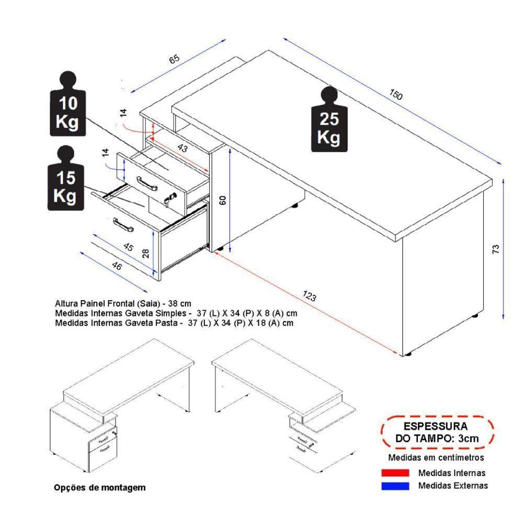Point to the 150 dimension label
pos(396,95)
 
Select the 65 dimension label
pos(174,59)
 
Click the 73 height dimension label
pos(496,248)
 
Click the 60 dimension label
pos(222,200)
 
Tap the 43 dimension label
pos(182,148)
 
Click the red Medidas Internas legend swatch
pos(395,473)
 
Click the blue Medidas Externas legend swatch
pos(395,485)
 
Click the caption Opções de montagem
pos(100,487)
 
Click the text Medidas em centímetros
pos(436,458)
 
